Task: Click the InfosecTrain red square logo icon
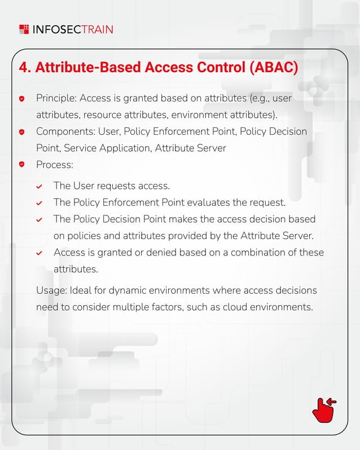(x=24, y=29)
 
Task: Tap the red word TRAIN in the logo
(x=97, y=29)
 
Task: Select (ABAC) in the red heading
(x=273, y=67)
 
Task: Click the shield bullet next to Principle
(x=22, y=99)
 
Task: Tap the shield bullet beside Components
(x=22, y=132)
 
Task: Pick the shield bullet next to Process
(x=22, y=165)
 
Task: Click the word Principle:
(x=56, y=99)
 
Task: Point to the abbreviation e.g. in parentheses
(x=260, y=99)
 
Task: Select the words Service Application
(x=107, y=148)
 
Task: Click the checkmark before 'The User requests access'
(x=39, y=187)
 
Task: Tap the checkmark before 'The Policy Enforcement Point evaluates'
(x=39, y=203)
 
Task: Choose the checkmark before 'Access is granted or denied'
(x=39, y=253)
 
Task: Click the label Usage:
(x=51, y=290)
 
